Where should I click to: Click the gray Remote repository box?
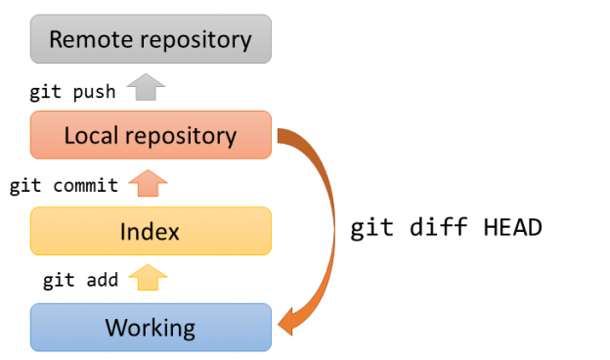coord(150,39)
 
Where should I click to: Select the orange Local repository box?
coord(150,135)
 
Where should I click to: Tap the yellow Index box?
coord(150,231)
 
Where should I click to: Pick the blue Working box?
coord(150,327)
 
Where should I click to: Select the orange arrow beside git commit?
coord(148,183)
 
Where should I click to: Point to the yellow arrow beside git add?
coord(148,279)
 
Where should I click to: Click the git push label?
coord(73,92)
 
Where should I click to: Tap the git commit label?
coord(64,186)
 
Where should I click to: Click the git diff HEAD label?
coord(446,228)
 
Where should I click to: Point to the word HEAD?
coord(512,228)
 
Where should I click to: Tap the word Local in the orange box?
coord(90,135)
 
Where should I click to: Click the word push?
coord(95,92)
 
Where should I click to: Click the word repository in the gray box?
coord(195,40)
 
